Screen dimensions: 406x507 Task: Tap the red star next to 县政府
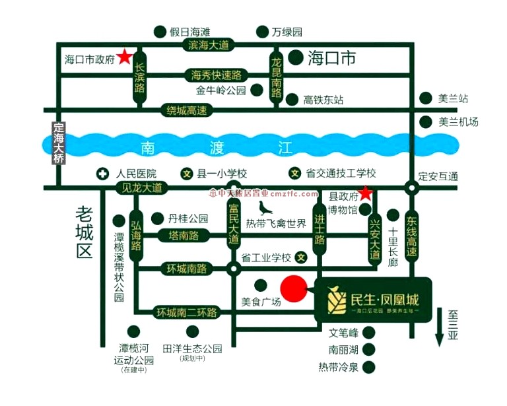[x=365, y=193]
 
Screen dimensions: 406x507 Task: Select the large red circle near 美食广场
[x=294, y=289]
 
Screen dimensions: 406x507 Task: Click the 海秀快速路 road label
[x=216, y=74]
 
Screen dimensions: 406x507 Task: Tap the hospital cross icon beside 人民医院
[x=103, y=174]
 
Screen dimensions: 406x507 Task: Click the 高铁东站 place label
[x=323, y=100]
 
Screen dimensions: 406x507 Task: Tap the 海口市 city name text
[x=332, y=59]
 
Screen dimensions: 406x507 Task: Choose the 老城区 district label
[x=84, y=232]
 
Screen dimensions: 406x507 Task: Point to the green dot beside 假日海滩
[x=159, y=32]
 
